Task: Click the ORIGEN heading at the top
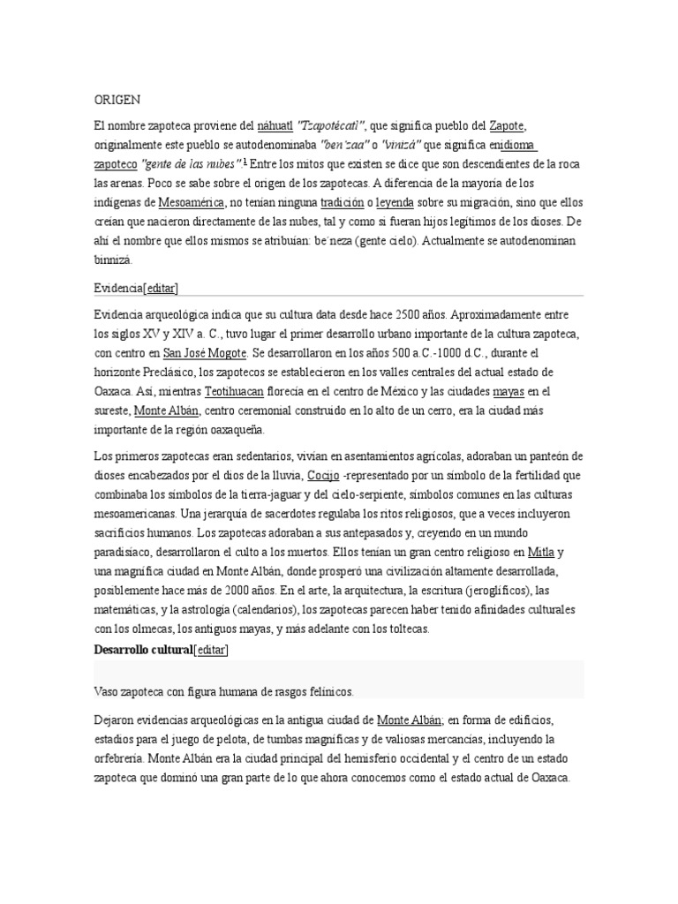point(117,101)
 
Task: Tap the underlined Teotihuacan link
point(233,392)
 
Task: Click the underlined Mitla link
point(541,553)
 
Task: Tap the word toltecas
point(403,629)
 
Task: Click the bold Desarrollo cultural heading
point(142,650)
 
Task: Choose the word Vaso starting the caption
point(109,691)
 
